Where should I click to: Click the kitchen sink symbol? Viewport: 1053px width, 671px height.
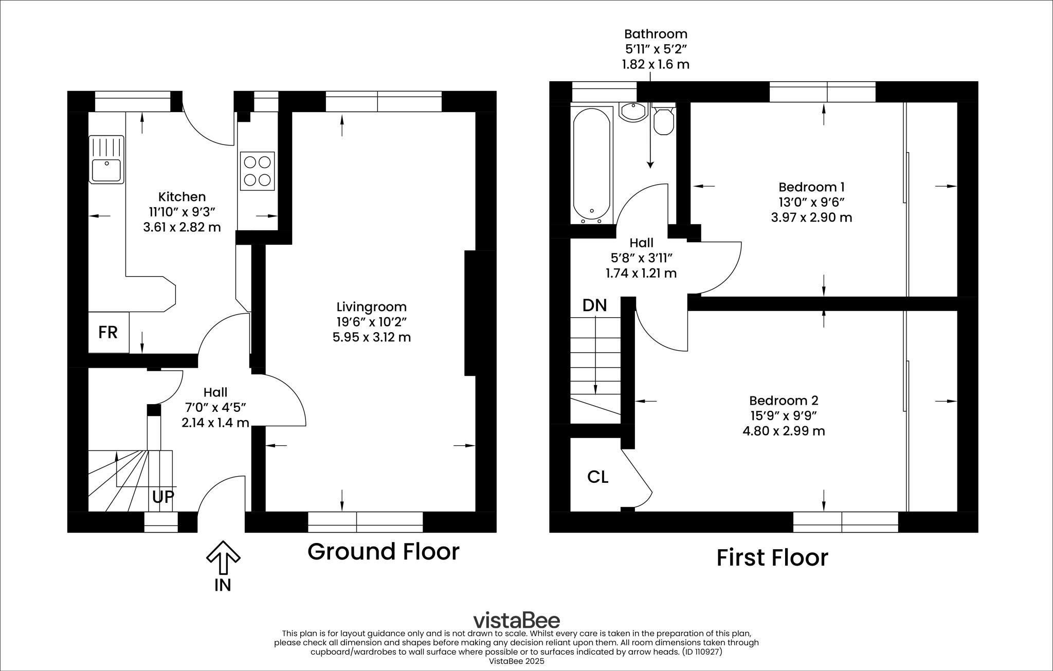tap(106, 159)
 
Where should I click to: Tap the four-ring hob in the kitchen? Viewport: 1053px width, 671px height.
tap(257, 171)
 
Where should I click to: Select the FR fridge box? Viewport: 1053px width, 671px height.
tap(108, 332)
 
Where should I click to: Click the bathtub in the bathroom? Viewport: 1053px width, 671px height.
tap(592, 165)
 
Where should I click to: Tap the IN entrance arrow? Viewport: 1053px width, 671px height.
tap(223, 558)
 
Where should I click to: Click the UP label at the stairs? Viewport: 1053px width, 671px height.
tap(163, 497)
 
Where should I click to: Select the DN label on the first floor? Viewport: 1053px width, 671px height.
tap(594, 305)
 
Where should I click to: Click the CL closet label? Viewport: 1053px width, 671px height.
tap(597, 477)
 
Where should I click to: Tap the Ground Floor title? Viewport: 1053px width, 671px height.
tap(383, 551)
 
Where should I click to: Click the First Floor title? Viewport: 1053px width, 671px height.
tap(772, 557)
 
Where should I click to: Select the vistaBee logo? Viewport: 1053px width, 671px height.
tap(516, 620)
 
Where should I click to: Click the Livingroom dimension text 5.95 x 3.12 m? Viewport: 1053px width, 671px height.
tap(371, 337)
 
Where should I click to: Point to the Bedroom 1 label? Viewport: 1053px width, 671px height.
tap(811, 187)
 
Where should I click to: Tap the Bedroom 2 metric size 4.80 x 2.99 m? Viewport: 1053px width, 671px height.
tap(784, 431)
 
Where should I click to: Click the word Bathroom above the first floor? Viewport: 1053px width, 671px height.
tap(656, 34)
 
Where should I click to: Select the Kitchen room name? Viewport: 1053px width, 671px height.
tap(181, 196)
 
